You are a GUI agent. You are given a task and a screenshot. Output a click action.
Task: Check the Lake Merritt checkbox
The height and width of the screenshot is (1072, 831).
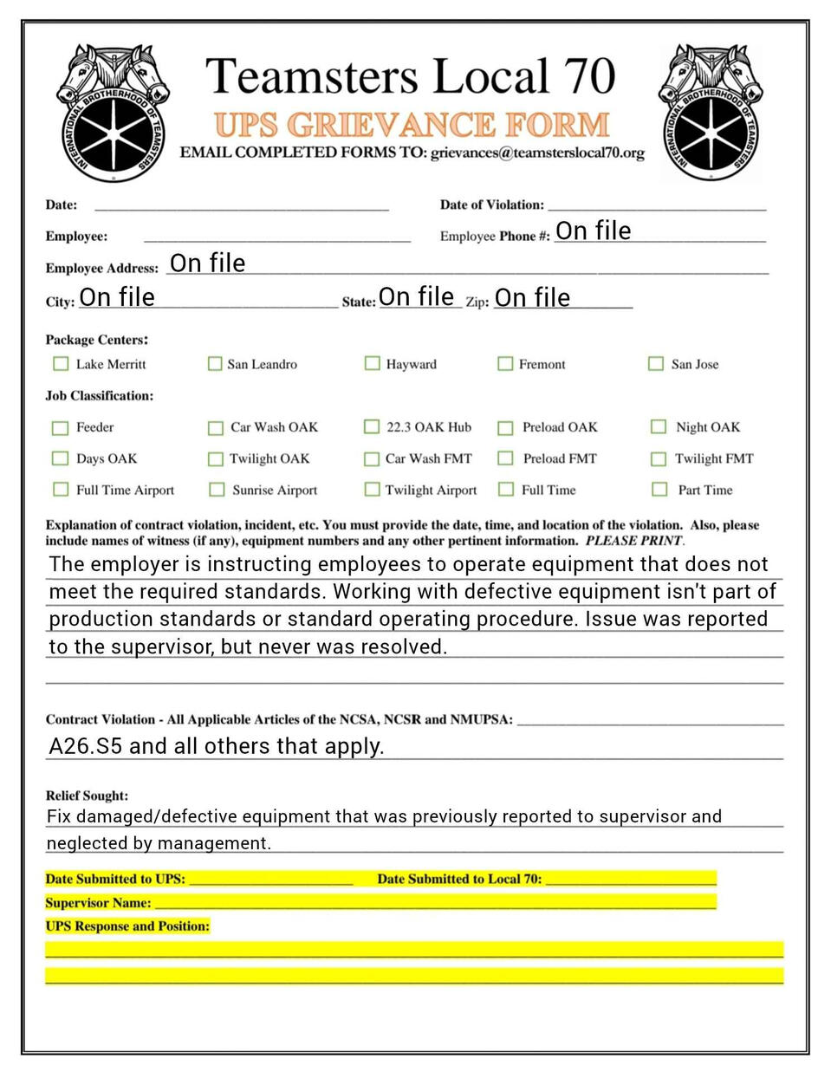pyautogui.click(x=61, y=364)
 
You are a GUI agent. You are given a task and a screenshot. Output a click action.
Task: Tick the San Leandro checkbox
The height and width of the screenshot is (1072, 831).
pyautogui.click(x=215, y=364)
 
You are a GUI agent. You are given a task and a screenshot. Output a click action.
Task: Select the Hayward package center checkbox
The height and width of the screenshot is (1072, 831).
pyautogui.click(x=372, y=363)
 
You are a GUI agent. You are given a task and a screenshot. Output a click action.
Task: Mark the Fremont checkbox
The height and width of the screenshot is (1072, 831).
pyautogui.click(x=505, y=364)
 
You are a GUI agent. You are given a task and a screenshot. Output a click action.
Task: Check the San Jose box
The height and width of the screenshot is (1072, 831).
pyautogui.click(x=656, y=364)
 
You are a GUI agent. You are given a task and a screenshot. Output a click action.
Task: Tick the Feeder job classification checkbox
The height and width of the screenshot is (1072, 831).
pyautogui.click(x=60, y=428)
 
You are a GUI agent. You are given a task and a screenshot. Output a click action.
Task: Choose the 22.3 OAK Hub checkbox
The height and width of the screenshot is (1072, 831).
pyautogui.click(x=372, y=427)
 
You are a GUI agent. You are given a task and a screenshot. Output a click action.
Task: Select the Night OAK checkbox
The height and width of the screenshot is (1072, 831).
pyautogui.click(x=659, y=427)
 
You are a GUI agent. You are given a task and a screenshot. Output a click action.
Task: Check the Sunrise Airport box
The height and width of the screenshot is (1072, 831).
pyautogui.click(x=217, y=491)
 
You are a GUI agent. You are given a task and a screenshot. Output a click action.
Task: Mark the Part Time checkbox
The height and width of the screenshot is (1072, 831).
pyautogui.click(x=659, y=490)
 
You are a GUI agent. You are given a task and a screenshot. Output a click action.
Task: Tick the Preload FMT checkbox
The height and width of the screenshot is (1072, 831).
pyautogui.click(x=505, y=458)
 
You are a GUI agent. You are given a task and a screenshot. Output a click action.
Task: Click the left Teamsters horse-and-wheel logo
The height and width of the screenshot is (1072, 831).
pyautogui.click(x=112, y=113)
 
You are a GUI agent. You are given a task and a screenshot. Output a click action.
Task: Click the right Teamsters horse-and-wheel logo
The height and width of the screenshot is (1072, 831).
pyautogui.click(x=711, y=113)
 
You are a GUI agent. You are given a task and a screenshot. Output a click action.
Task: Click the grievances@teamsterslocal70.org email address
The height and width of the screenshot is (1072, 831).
pyautogui.click(x=537, y=153)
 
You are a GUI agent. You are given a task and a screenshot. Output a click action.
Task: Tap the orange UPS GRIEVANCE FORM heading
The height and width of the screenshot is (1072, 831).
pyautogui.click(x=412, y=125)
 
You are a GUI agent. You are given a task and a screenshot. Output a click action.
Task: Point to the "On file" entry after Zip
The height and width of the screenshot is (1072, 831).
pyautogui.click(x=532, y=298)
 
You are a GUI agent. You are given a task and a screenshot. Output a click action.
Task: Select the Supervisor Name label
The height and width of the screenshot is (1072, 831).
pyautogui.click(x=98, y=903)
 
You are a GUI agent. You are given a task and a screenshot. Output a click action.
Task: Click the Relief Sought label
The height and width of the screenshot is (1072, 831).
pyautogui.click(x=87, y=796)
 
